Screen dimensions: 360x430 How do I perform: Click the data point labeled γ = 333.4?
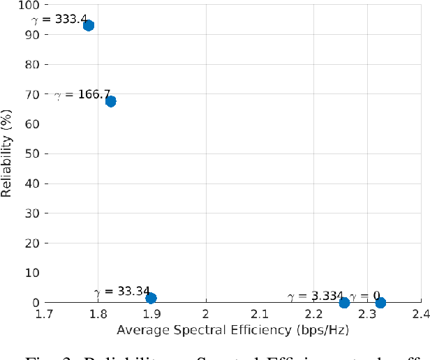coord(89,26)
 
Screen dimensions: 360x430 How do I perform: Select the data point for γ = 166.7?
coord(110,101)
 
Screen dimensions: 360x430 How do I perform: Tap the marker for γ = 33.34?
coord(151,298)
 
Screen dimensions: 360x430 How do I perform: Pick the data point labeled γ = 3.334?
coord(344,302)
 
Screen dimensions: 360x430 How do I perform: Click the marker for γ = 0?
coord(380,302)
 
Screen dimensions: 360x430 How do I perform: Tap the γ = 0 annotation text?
coord(364,297)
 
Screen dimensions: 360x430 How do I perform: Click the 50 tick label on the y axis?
coord(32,153)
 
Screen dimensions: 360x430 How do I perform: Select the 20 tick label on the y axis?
coord(32,243)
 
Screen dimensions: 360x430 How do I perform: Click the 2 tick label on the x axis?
coord(205,314)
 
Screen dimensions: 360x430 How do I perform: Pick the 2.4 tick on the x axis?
coord(420,314)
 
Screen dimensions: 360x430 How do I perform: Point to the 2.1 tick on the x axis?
coord(259,314)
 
